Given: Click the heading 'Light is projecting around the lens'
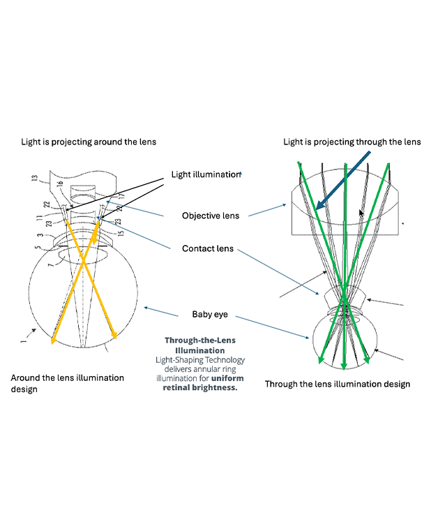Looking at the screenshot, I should [x=89, y=142].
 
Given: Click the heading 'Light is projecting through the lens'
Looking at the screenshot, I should [x=352, y=142].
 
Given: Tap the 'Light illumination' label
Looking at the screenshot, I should [x=206, y=174].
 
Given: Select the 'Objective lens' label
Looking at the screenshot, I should [x=211, y=216].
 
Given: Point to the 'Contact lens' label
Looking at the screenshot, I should [x=208, y=248].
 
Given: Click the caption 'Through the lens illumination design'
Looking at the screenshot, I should [x=338, y=384].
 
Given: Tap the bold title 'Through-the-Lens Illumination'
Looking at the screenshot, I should [x=200, y=345].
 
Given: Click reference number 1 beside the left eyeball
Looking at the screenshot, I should [x=23, y=342].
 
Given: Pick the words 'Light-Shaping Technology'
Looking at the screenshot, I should [x=200, y=360].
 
